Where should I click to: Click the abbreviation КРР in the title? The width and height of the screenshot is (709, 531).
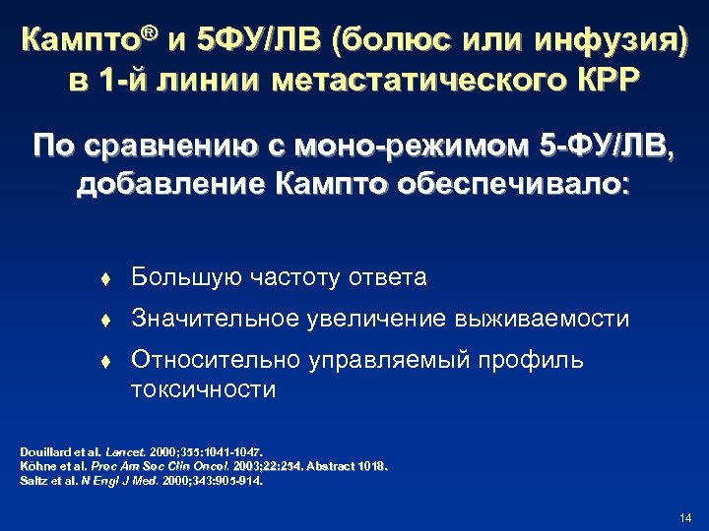[607, 79]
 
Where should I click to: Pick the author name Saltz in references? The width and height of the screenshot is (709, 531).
[32, 481]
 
